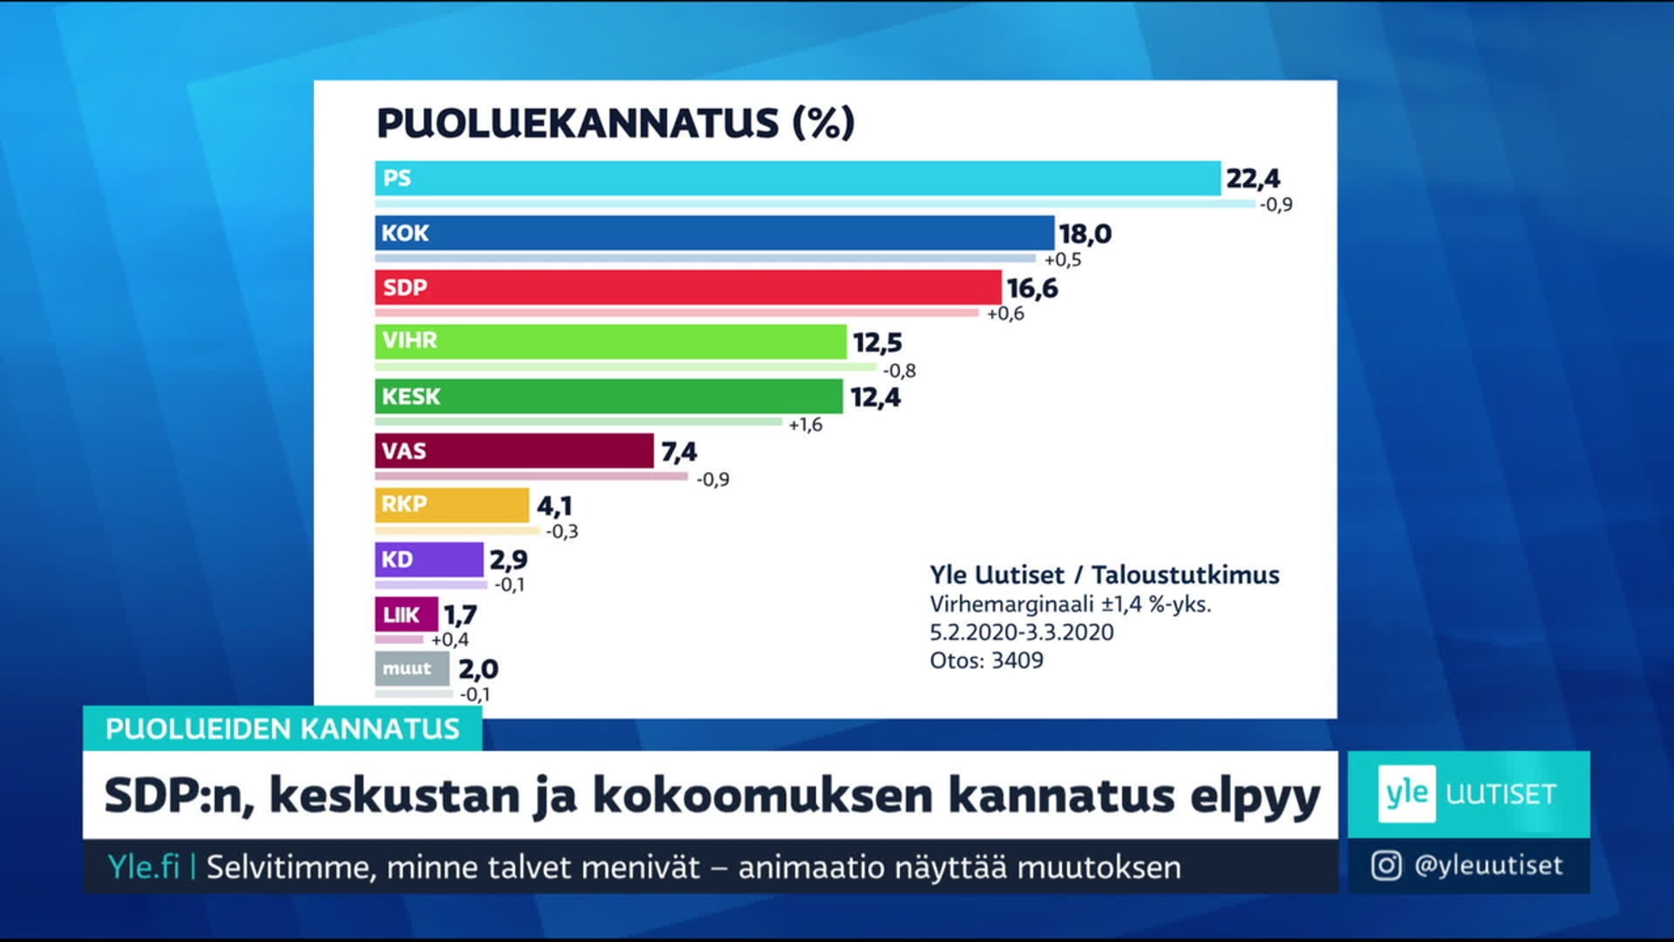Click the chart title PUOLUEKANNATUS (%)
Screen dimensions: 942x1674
click(616, 123)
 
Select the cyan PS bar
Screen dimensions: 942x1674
click(797, 178)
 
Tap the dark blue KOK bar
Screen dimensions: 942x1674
click(714, 233)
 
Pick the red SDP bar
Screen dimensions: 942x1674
click(688, 287)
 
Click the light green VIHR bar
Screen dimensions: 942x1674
click(610, 341)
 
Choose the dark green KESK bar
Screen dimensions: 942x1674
click(609, 396)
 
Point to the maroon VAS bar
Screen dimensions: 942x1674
click(514, 451)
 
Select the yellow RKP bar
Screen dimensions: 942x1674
click(452, 505)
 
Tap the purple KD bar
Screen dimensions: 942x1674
click(429, 559)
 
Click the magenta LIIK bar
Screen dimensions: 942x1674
click(406, 614)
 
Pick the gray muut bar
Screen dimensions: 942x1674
click(412, 669)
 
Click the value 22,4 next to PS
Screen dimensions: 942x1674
click(1253, 179)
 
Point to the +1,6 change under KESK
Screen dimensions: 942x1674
click(805, 425)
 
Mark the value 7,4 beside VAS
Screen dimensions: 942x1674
click(678, 452)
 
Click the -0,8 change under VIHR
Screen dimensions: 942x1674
click(899, 371)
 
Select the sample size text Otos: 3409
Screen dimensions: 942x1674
click(986, 660)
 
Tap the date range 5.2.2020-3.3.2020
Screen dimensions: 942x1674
click(1021, 632)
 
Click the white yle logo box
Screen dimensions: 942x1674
click(1406, 794)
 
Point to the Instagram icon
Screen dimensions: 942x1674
click(1386, 865)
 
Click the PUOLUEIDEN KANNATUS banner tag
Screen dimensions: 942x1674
click(282, 728)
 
